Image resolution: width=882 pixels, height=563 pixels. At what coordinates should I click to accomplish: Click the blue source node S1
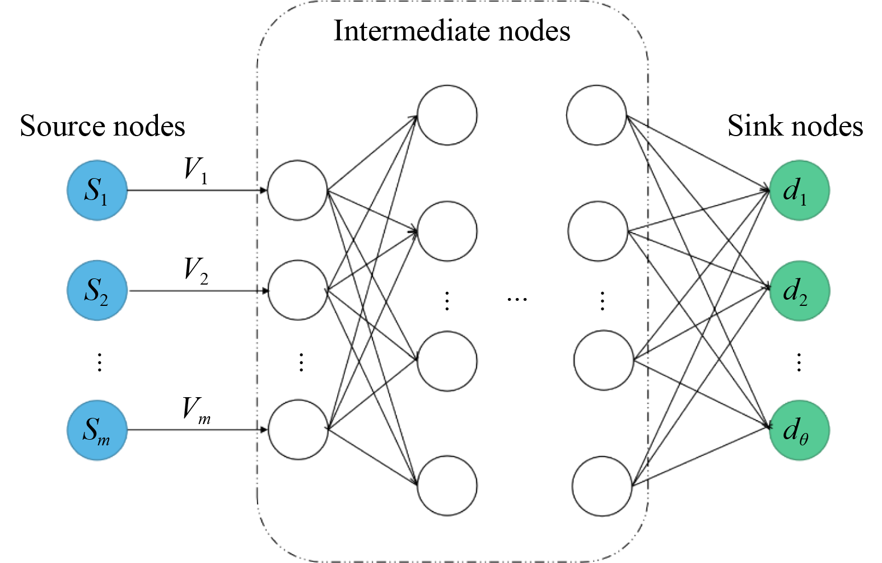click(97, 190)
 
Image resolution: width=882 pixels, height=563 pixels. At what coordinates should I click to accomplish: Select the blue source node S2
click(97, 290)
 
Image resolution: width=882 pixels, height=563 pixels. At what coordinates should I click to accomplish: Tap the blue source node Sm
click(97, 430)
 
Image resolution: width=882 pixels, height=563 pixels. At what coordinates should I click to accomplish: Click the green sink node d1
click(799, 190)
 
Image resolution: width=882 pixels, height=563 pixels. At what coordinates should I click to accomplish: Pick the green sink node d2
click(799, 290)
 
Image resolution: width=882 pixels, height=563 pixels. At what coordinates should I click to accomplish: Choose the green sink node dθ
click(799, 430)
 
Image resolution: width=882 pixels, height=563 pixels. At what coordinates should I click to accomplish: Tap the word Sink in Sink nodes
click(750, 126)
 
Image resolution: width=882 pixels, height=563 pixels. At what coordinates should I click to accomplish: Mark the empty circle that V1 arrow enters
click(297, 190)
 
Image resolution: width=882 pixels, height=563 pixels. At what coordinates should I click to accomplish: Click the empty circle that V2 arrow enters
click(297, 290)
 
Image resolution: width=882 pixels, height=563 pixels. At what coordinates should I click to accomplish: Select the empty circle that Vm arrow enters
click(298, 430)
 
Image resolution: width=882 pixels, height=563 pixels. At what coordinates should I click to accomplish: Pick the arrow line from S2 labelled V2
click(196, 291)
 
